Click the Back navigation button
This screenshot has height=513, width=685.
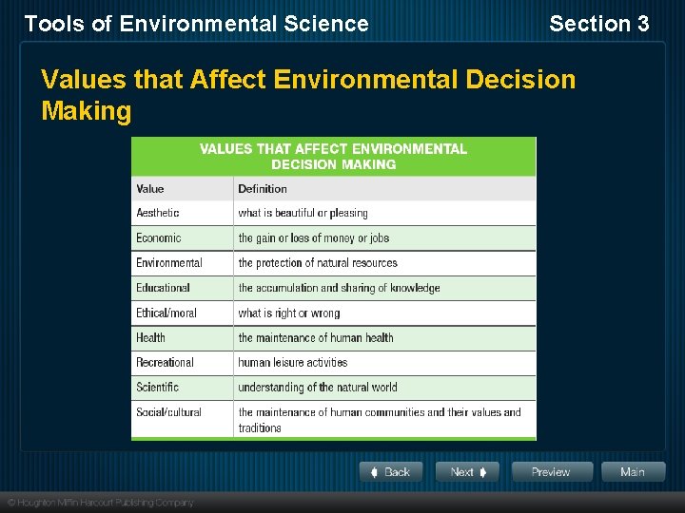pos(390,472)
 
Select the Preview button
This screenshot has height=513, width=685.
pos(551,472)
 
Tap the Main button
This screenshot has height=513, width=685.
pos(632,472)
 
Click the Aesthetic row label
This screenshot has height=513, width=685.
pos(158,213)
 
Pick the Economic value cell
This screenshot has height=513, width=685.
pos(159,237)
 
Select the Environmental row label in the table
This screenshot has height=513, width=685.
pos(169,263)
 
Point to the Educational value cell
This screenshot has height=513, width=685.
pos(164,288)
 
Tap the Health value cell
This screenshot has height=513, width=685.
pos(151,337)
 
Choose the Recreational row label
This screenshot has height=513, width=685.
pos(166,362)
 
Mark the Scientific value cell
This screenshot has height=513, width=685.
pos(158,387)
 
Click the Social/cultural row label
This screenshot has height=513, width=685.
pos(169,412)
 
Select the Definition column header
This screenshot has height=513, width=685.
pos(263,188)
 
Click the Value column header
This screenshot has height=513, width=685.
pos(150,188)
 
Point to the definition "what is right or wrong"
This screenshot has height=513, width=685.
pos(289,313)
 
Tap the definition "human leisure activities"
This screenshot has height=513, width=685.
pos(293,362)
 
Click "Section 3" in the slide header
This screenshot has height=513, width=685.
pos(599,24)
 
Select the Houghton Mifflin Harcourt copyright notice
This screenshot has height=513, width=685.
pos(101,503)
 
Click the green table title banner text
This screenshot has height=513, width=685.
pos(333,156)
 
